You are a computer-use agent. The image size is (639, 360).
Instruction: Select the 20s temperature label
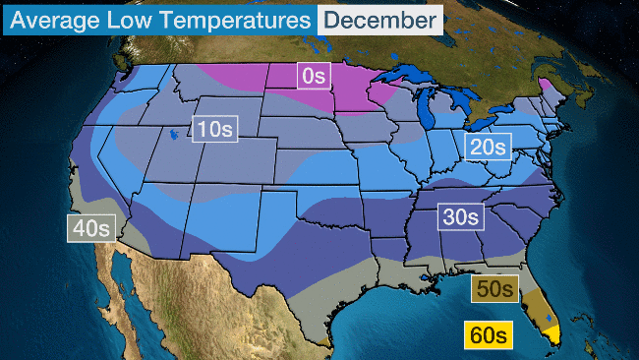tap(488, 148)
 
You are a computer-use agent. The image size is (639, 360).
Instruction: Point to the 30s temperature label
tap(460, 216)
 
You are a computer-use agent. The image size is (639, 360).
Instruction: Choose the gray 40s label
tap(92, 228)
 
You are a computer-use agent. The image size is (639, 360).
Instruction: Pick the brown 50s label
tap(492, 288)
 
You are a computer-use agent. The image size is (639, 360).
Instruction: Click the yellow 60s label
tap(488, 334)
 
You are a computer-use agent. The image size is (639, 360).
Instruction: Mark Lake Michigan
tap(426, 109)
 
